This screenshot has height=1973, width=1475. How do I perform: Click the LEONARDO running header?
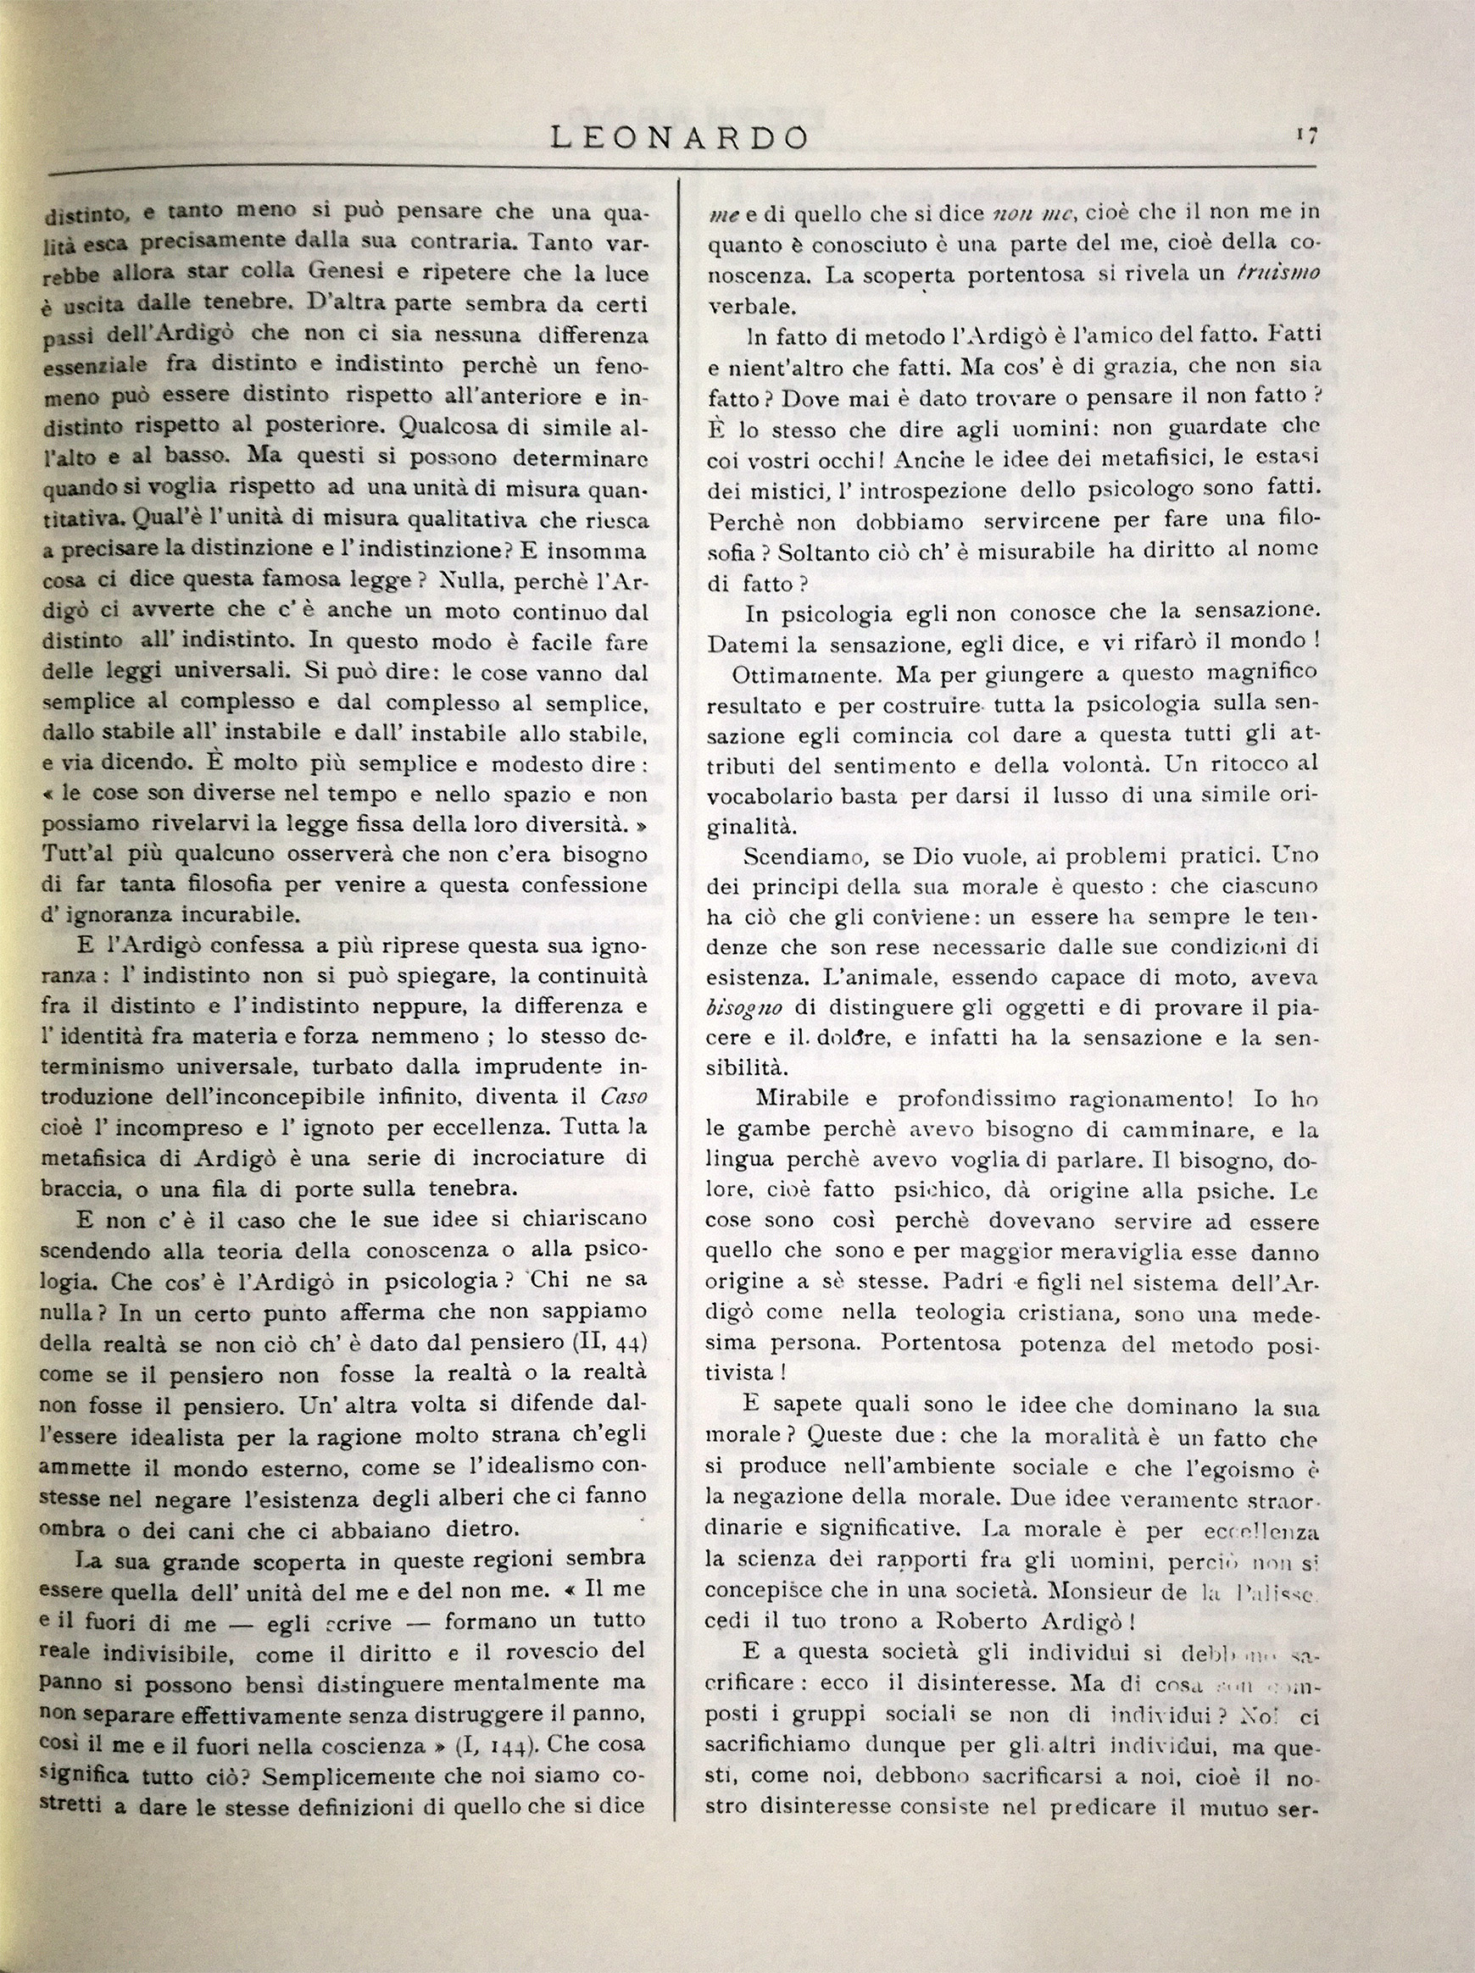(679, 138)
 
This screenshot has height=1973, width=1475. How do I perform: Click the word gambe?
(757, 1130)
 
